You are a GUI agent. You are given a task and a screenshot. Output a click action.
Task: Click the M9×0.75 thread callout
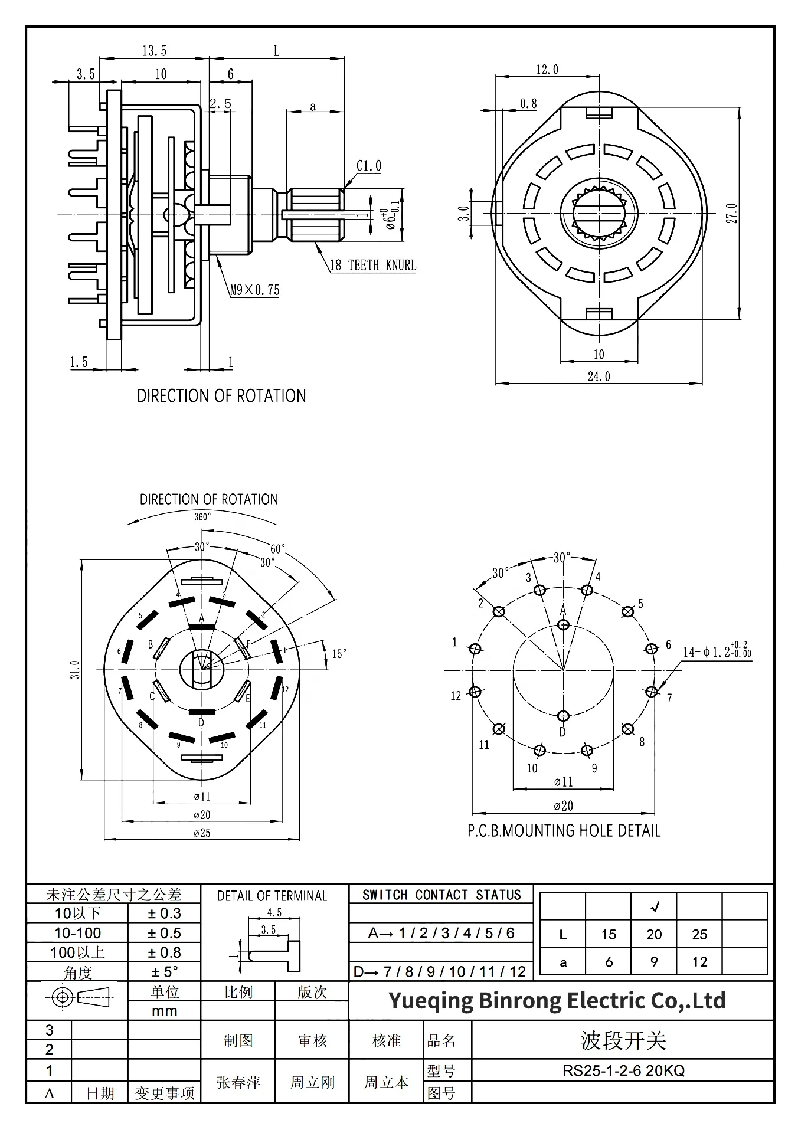[254, 290]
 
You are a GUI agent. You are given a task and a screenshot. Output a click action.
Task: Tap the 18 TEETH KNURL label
[372, 266]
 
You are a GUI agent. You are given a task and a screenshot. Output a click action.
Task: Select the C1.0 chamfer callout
[369, 166]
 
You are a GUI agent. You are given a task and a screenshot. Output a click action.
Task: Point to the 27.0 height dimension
[732, 213]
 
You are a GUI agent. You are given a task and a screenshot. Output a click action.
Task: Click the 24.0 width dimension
[598, 376]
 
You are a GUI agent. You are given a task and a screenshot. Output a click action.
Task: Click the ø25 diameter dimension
[202, 833]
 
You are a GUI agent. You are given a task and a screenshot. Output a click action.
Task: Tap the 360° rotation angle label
[202, 517]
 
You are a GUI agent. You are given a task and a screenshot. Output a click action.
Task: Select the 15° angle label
[339, 654]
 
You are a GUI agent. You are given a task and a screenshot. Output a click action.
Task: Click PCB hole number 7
[651, 692]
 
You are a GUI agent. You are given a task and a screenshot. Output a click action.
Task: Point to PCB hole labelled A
[563, 624]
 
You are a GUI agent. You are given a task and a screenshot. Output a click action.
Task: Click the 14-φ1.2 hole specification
[717, 652]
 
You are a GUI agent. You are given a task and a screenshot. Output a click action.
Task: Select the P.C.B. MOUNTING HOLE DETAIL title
[564, 831]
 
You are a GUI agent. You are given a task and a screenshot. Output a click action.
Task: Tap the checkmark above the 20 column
[654, 907]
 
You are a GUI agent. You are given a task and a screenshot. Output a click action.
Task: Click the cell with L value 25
[699, 934]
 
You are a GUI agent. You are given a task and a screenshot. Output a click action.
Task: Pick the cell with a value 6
[609, 962]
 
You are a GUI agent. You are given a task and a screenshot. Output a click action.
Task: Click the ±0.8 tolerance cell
[164, 952]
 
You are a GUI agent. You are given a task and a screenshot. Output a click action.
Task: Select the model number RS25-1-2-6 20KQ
[623, 1070]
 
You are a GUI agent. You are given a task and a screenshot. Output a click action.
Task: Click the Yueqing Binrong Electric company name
[557, 1001]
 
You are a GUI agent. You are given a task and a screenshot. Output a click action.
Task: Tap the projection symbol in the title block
[78, 998]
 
